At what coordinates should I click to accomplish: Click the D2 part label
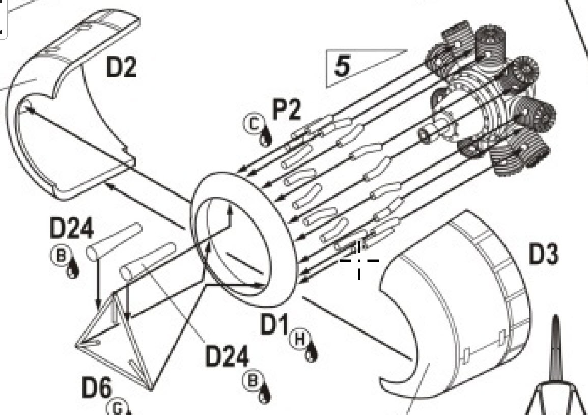pos(121,68)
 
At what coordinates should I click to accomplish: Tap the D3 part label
pos(543,254)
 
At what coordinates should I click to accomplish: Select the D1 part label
pos(274,324)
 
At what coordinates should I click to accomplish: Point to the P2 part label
pos(287,110)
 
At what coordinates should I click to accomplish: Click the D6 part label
pos(97,388)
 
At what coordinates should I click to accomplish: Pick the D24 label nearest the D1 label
pos(227,356)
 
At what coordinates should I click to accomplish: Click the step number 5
pos(342,66)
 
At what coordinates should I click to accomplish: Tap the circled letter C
pos(254,124)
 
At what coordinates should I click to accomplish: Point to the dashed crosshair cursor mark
pos(359,260)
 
